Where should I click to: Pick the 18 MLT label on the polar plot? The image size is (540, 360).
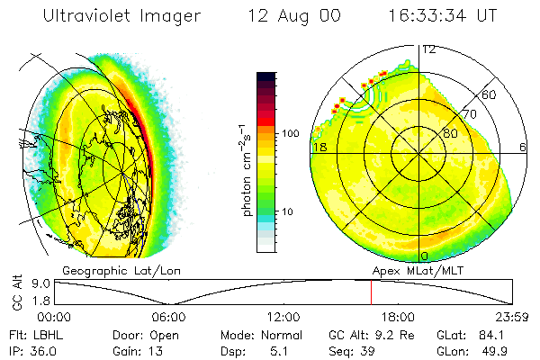(x=318, y=146)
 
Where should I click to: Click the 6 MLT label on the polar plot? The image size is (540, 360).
(x=523, y=146)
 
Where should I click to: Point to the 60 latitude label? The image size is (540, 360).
(x=489, y=94)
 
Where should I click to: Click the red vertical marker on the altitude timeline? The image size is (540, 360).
(x=371, y=292)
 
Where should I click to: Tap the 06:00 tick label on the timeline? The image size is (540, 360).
(x=168, y=317)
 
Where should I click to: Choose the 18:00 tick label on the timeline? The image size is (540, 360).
(x=398, y=317)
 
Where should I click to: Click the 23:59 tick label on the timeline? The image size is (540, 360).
(x=513, y=317)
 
